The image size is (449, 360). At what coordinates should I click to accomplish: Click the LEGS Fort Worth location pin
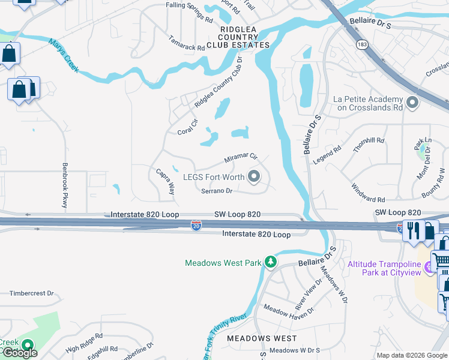[x=254, y=176]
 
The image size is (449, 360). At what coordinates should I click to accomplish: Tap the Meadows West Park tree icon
[x=271, y=262]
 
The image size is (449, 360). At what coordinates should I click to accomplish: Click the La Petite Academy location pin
[x=412, y=103]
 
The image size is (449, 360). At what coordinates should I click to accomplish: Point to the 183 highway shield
[x=361, y=45]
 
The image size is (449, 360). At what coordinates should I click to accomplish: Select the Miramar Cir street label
[x=241, y=158]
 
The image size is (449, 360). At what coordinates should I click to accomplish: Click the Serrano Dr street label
[x=217, y=191]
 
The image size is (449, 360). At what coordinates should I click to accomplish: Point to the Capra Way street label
[x=165, y=181]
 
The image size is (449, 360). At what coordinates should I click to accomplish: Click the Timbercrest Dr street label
[x=32, y=294]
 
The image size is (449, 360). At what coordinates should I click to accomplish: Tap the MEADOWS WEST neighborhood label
[x=262, y=338]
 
